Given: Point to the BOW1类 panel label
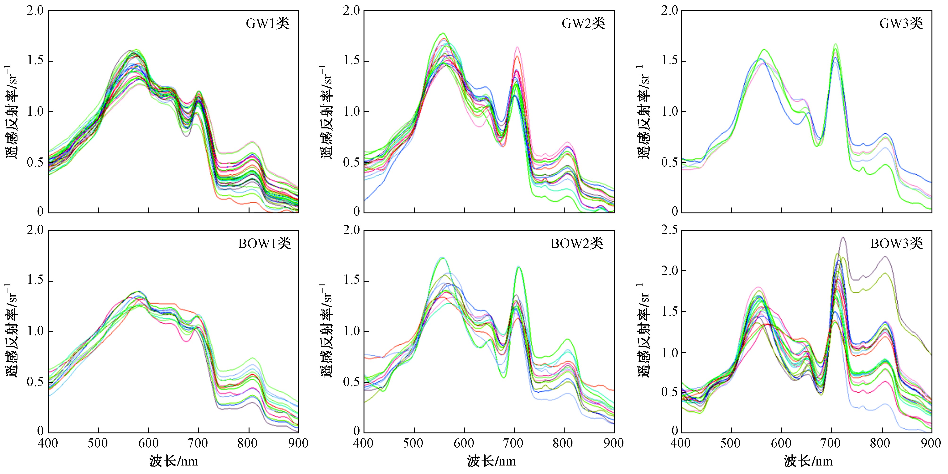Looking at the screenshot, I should [264, 244].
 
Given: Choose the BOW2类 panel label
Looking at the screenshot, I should [577, 244].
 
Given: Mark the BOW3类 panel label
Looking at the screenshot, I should [897, 244].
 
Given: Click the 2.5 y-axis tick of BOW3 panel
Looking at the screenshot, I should [669, 230].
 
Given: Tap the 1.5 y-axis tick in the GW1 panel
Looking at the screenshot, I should [35, 60].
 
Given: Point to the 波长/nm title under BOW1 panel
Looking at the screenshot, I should [173, 461].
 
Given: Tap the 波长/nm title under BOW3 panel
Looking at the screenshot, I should [808, 461].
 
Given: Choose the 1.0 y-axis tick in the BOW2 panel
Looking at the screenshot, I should [352, 331].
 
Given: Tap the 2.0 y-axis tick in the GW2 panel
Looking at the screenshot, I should [352, 11].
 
